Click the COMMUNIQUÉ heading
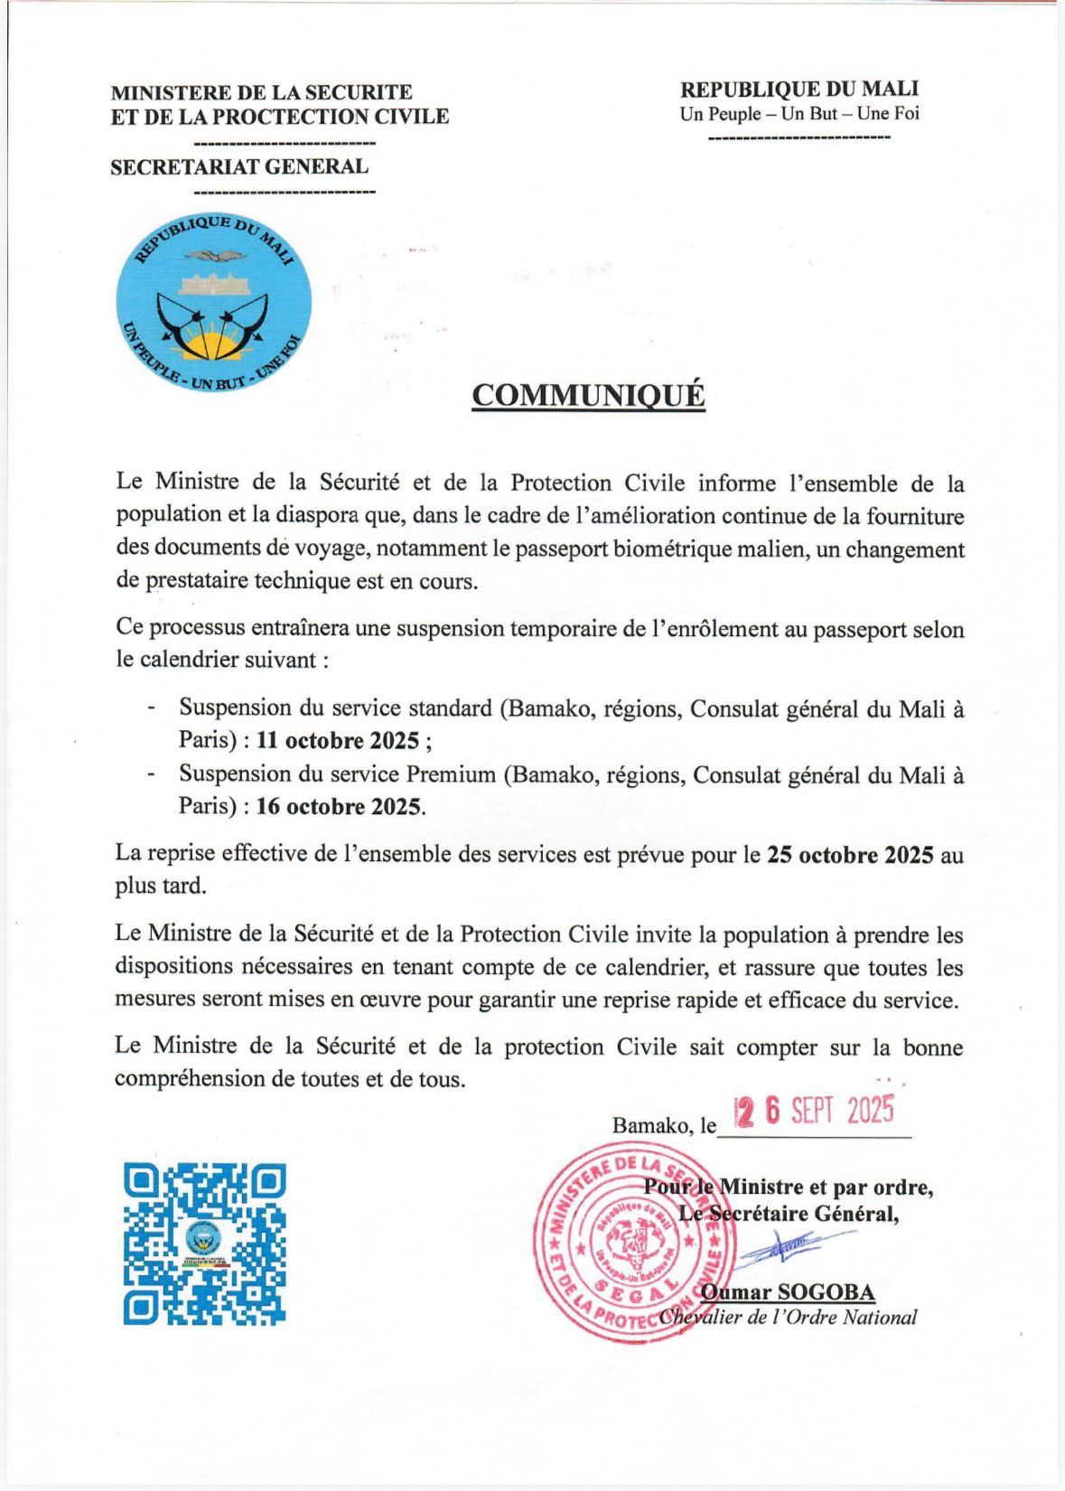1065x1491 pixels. (x=588, y=396)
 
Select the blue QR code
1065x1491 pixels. (x=205, y=1243)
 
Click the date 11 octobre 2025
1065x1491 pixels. (x=338, y=741)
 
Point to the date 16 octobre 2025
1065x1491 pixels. (x=339, y=806)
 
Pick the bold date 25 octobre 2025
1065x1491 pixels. (x=850, y=855)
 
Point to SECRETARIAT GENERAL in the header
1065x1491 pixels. (x=239, y=167)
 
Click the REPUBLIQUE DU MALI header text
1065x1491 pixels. (x=799, y=89)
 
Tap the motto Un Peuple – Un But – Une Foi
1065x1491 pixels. (x=799, y=114)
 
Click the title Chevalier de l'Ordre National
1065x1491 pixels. (x=788, y=1318)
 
